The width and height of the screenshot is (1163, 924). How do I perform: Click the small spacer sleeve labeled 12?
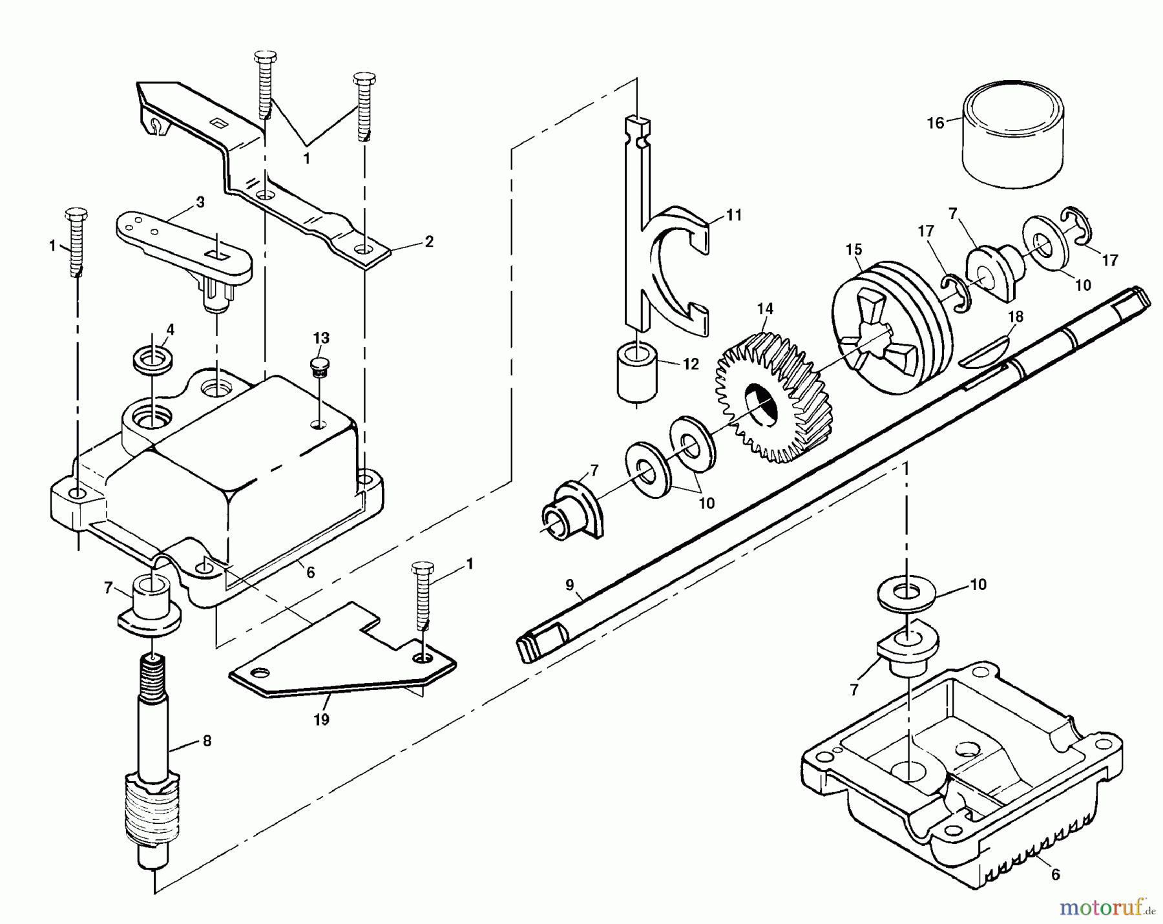click(637, 373)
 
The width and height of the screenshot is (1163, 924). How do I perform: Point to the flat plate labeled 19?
click(342, 666)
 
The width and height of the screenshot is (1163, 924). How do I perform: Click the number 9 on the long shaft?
click(569, 585)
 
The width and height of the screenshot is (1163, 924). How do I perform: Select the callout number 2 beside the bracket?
click(429, 242)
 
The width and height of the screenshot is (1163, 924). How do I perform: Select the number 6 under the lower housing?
click(1055, 874)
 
